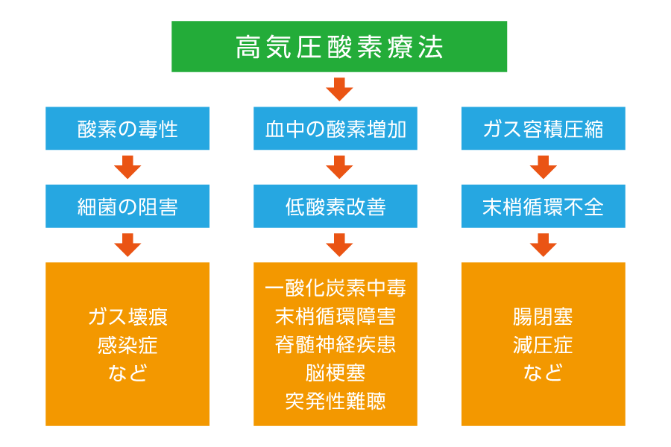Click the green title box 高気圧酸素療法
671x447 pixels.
coord(339,46)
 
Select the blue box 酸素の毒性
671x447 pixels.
coord(127,128)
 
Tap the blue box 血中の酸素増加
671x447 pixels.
coord(335,128)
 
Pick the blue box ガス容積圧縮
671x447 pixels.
coord(543,128)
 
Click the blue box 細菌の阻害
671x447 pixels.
coord(127,206)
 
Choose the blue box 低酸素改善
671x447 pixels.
coord(335,206)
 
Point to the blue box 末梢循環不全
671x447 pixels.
coord(543,206)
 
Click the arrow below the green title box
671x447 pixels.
coord(339,89)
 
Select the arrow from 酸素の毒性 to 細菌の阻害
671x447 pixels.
coord(127,167)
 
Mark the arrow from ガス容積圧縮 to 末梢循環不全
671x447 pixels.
coord(543,167)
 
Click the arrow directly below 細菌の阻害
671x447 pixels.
coord(127,245)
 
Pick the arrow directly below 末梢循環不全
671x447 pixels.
coord(543,245)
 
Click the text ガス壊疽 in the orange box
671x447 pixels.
coord(127,317)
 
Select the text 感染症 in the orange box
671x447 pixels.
coord(127,345)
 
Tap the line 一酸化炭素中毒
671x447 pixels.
coord(335,288)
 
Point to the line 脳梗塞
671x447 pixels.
coord(335,372)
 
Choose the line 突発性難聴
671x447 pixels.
coord(335,401)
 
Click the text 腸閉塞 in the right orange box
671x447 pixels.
coord(543,317)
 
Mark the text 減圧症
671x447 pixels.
coord(543,345)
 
